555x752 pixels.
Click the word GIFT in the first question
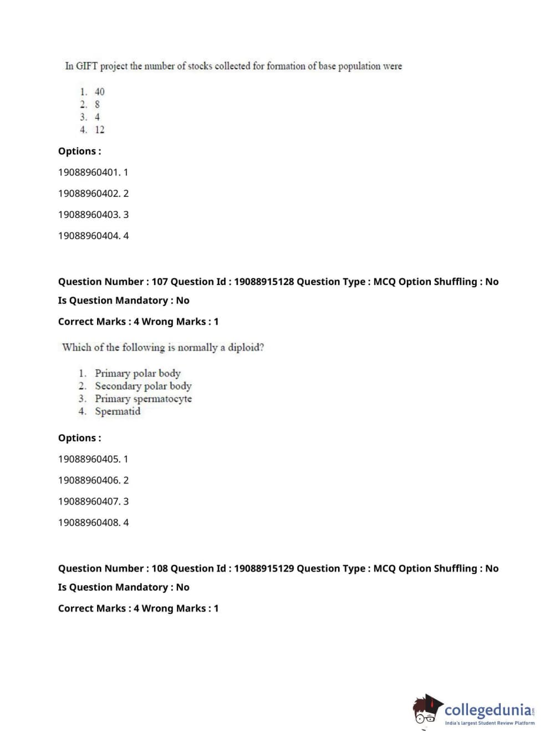point(86,66)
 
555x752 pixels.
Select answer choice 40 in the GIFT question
point(99,92)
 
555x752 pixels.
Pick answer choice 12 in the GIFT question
point(99,130)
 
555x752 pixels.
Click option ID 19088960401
point(89,172)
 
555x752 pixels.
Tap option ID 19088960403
point(89,215)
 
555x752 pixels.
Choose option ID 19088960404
point(89,236)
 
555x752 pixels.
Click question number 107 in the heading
point(160,282)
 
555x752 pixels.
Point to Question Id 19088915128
point(264,282)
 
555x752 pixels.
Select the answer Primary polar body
point(138,373)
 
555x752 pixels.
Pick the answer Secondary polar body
point(143,386)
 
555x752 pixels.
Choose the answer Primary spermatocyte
point(143,399)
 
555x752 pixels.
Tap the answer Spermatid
point(118,411)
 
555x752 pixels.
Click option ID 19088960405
point(89,459)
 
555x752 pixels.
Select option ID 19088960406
point(89,480)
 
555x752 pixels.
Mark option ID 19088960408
point(89,522)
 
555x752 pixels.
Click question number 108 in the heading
point(160,568)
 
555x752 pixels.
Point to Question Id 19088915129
point(264,568)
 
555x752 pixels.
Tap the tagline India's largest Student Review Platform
point(490,723)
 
